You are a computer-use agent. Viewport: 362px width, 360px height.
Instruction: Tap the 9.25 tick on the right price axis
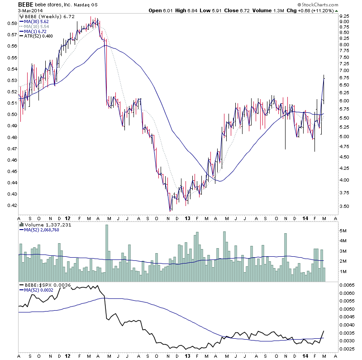coord(345,16)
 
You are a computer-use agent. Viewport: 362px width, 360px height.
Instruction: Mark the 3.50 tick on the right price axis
coord(345,206)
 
